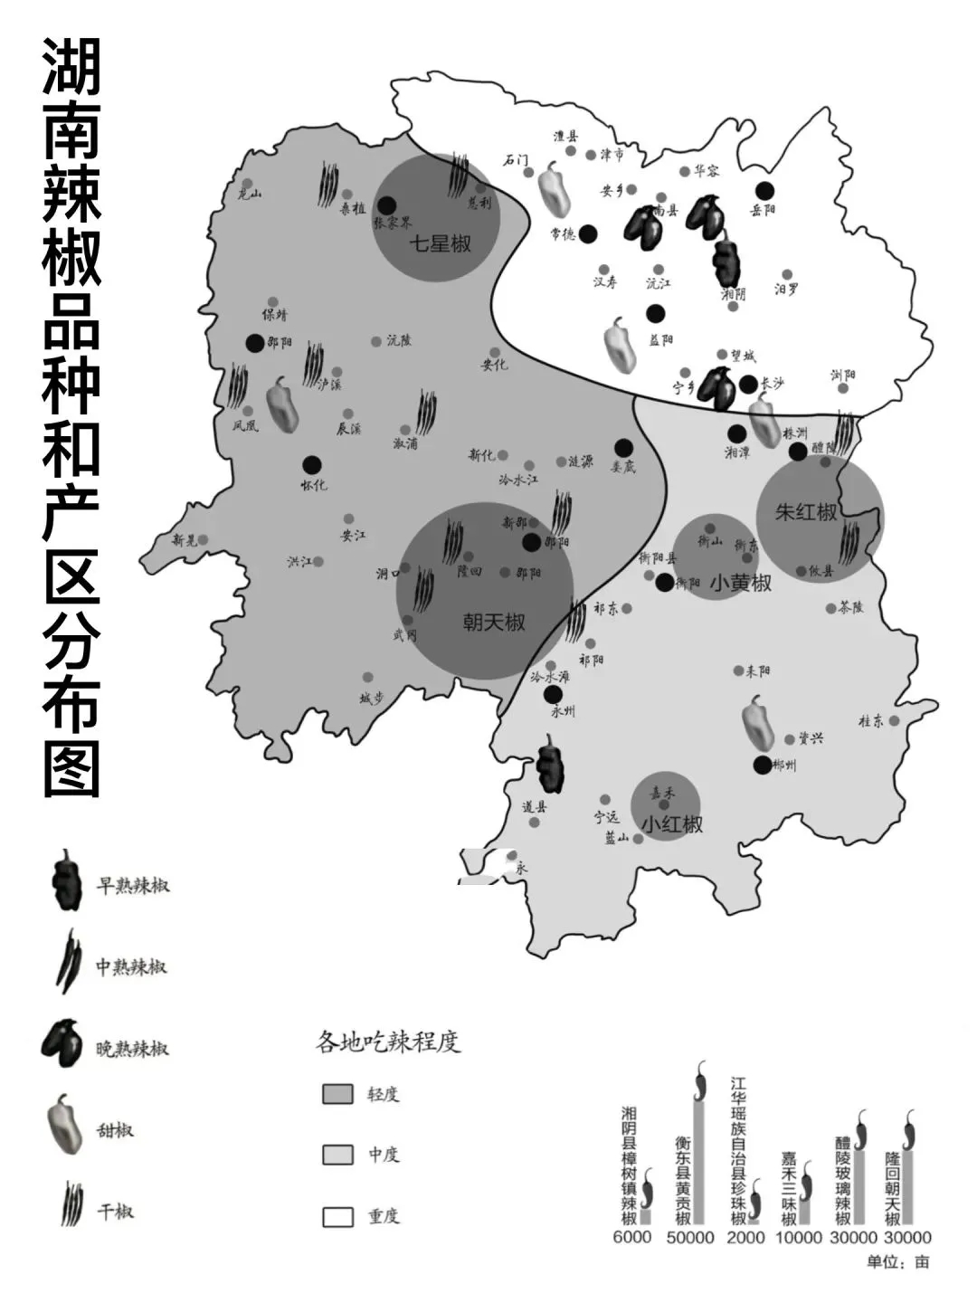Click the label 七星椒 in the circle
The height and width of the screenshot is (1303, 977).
coord(440,243)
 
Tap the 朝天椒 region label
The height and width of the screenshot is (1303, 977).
coord(494,623)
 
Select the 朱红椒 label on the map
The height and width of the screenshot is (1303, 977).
coord(806,512)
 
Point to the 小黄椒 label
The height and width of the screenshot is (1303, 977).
coord(741,584)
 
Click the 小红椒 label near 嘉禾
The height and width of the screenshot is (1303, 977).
coord(672,825)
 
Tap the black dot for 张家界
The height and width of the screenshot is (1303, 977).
coord(386,205)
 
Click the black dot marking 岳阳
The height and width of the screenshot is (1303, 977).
coord(765,190)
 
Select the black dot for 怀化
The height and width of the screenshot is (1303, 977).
coord(312,464)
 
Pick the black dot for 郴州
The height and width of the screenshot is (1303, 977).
coord(763,765)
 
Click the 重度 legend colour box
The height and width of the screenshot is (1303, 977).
coord(337,1216)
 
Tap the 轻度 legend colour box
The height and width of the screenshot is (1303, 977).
coord(337,1094)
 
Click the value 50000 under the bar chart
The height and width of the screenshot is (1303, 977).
coord(689,1238)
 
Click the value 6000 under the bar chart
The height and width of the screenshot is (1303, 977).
coord(631,1238)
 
